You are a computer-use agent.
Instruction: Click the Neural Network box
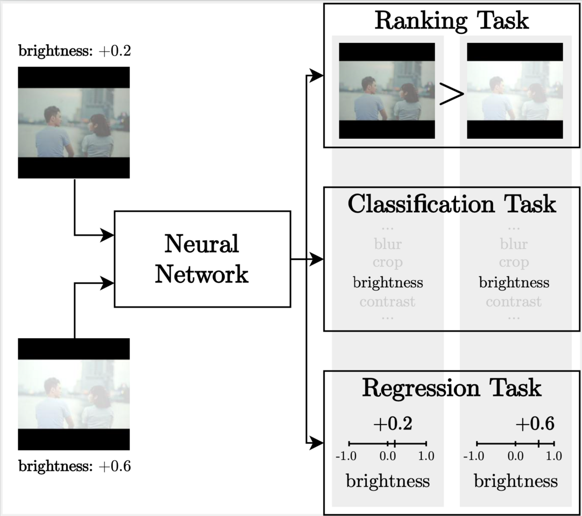[x=202, y=259]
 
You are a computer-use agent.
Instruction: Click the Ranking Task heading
[x=451, y=20]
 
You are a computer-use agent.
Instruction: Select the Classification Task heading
[x=451, y=204]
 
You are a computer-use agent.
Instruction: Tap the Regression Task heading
[x=451, y=388]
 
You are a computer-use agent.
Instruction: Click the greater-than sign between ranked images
[x=451, y=95]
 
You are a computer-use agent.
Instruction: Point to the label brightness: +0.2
[x=75, y=52]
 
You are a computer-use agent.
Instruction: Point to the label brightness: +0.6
[x=75, y=466]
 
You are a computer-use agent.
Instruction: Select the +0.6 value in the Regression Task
[x=535, y=424]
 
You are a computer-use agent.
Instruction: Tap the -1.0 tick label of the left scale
[x=346, y=456]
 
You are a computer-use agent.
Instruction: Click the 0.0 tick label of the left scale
[x=387, y=456]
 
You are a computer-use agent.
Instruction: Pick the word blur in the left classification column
[x=387, y=244]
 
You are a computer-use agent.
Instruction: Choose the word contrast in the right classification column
[x=513, y=302]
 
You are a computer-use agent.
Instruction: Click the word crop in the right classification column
[x=513, y=263]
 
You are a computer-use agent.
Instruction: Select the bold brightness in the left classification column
[x=387, y=282]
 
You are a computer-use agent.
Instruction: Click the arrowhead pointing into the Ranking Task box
[x=318, y=76]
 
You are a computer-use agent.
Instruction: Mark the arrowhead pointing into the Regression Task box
[x=318, y=443]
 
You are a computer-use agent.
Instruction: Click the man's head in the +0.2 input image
[x=52, y=114]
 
